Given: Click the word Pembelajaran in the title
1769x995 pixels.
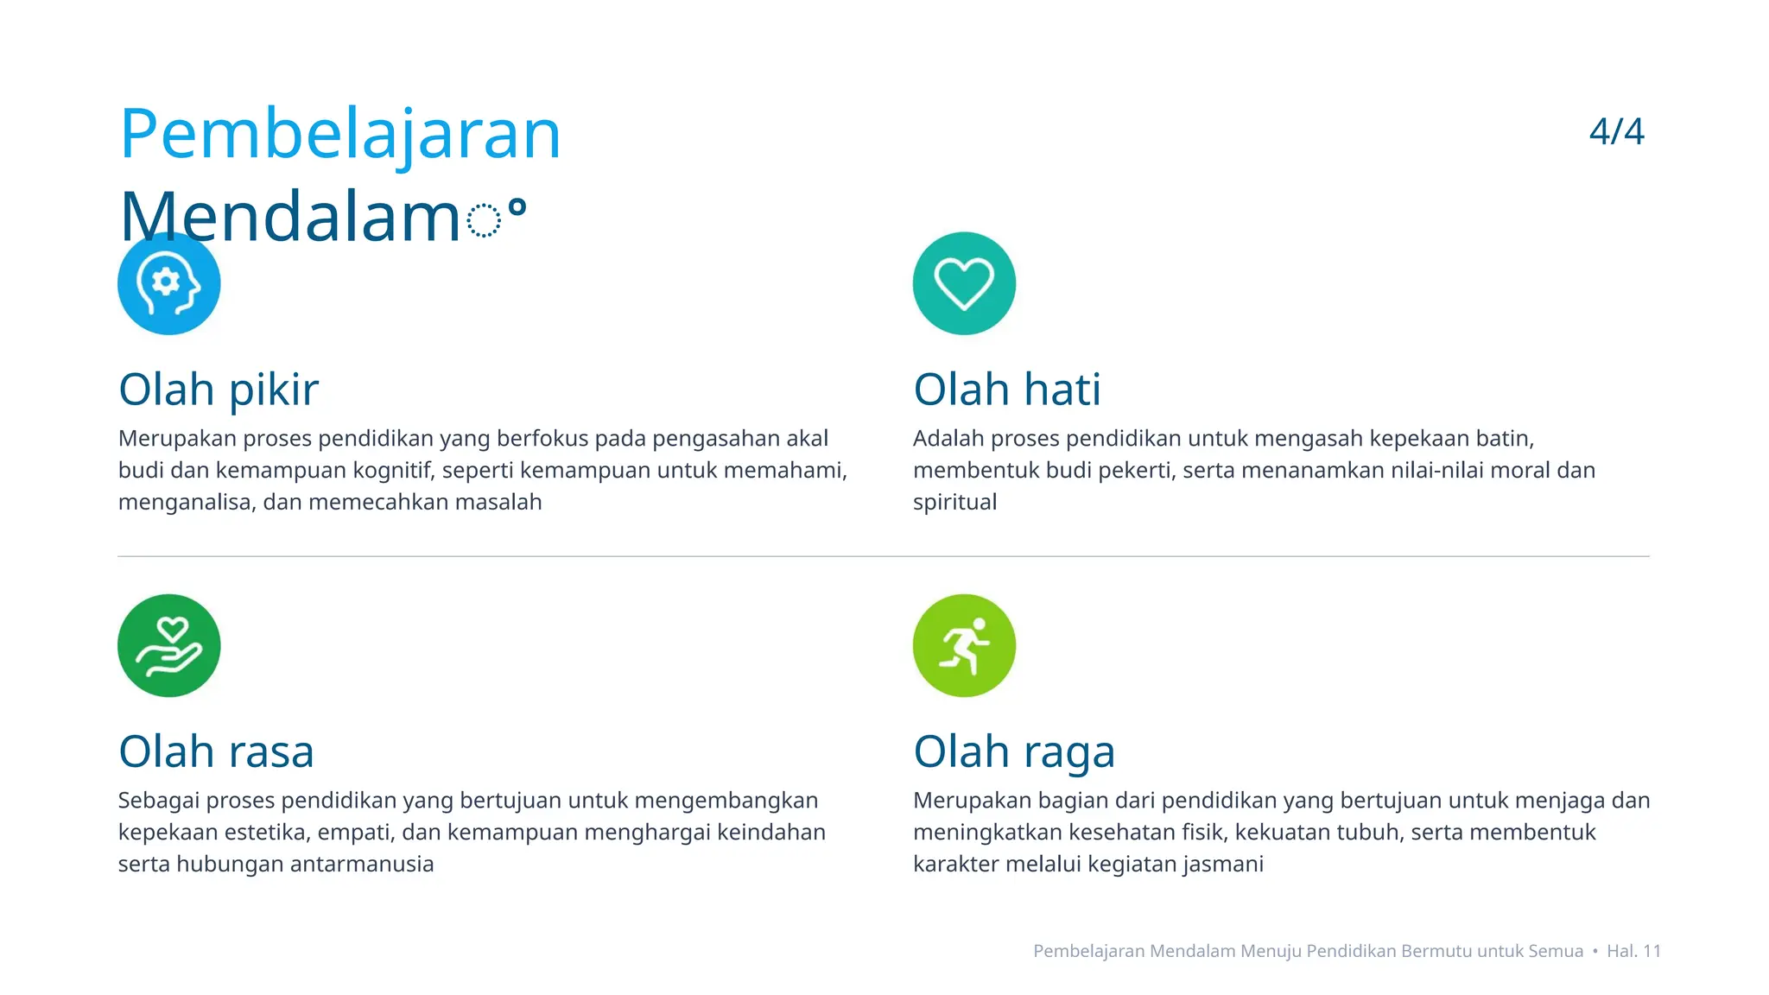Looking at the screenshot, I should (339, 135).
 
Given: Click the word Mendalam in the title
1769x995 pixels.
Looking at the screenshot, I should (289, 217).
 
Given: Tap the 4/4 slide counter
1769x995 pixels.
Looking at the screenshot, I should (1616, 131).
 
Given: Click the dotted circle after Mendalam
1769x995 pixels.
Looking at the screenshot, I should (484, 220).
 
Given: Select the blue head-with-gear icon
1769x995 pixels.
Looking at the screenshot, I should (169, 283).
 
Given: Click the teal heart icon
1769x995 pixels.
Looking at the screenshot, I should (964, 283).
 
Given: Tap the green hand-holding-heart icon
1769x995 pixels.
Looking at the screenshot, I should (169, 645).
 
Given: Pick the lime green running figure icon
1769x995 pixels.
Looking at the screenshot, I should (964, 645).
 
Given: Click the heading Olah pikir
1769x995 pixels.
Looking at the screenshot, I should (219, 390).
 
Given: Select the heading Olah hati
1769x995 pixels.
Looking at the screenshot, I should (1007, 390).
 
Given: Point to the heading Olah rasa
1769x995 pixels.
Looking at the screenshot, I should (216, 751).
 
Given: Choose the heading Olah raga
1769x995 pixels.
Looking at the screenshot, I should (1014, 751).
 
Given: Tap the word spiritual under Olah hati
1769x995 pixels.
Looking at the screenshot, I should (954, 503).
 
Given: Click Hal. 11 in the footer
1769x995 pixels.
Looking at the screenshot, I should (1633, 951).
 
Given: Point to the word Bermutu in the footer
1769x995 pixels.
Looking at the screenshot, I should (1436, 951).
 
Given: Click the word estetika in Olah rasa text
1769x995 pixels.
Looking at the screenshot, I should (267, 833).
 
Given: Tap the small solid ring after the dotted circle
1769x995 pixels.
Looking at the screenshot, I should (517, 207).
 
